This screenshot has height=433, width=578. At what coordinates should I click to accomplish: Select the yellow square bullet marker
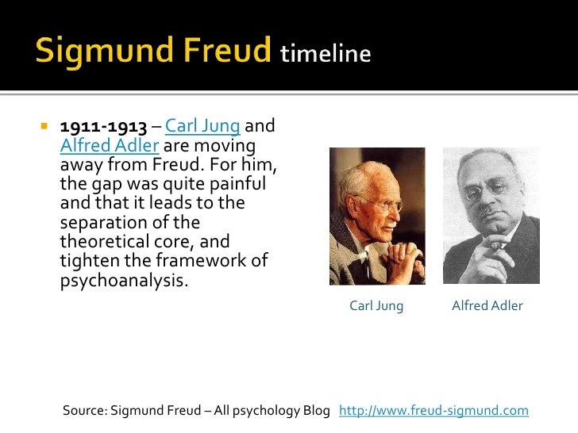tap(44, 127)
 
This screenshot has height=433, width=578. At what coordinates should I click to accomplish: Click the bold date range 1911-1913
tap(103, 127)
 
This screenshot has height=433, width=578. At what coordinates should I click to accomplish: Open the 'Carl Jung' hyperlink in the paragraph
tap(202, 127)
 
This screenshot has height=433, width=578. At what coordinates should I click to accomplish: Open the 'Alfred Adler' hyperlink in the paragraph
tap(110, 147)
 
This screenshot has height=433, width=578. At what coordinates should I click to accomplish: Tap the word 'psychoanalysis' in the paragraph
tap(125, 281)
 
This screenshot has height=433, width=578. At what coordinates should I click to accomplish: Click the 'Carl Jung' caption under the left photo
tap(376, 305)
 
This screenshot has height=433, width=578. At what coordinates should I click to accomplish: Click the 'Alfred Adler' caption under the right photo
tap(487, 305)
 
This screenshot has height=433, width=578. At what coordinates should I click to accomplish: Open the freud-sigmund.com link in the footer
tap(433, 411)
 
